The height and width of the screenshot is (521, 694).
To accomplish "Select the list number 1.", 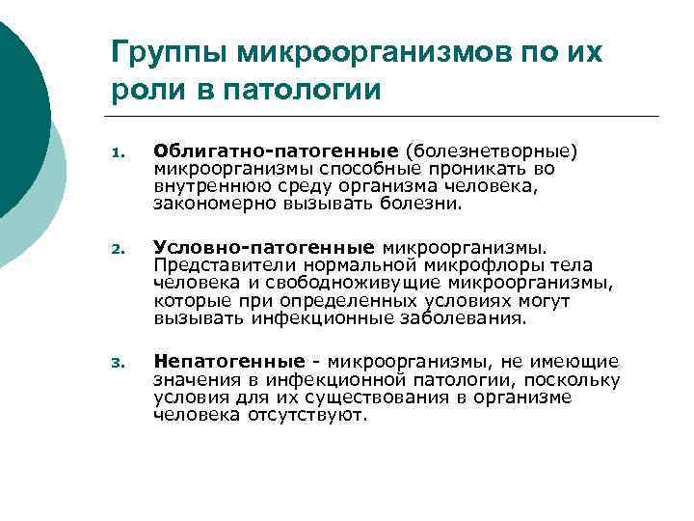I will pos(116,152).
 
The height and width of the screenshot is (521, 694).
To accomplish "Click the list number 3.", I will pos(116,364).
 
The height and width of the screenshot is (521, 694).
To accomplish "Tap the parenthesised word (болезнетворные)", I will pos(492,151).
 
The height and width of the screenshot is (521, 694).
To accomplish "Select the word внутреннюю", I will pos(202,186).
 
